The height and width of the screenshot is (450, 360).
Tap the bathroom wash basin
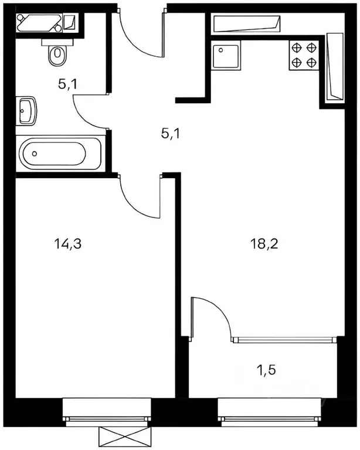(27, 111)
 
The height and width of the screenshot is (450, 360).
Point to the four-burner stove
(304, 55)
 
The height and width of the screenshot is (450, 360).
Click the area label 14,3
(69, 244)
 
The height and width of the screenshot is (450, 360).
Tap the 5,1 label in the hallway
(171, 134)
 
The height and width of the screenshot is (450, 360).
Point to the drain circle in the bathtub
(35, 154)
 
